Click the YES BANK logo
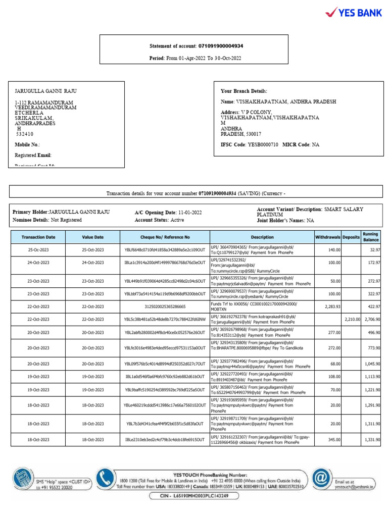coord(353,12)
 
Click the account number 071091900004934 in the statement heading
coord(220,46)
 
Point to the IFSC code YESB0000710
coord(263,144)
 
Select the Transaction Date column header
coord(38,237)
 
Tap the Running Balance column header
coord(370,237)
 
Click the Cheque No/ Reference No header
coord(165,237)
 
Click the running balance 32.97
coord(374,250)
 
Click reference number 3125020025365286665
coord(165,306)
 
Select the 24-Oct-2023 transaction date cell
coord(38,263)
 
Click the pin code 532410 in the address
coord(25,134)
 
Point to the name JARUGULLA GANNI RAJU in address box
coord(46,91)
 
